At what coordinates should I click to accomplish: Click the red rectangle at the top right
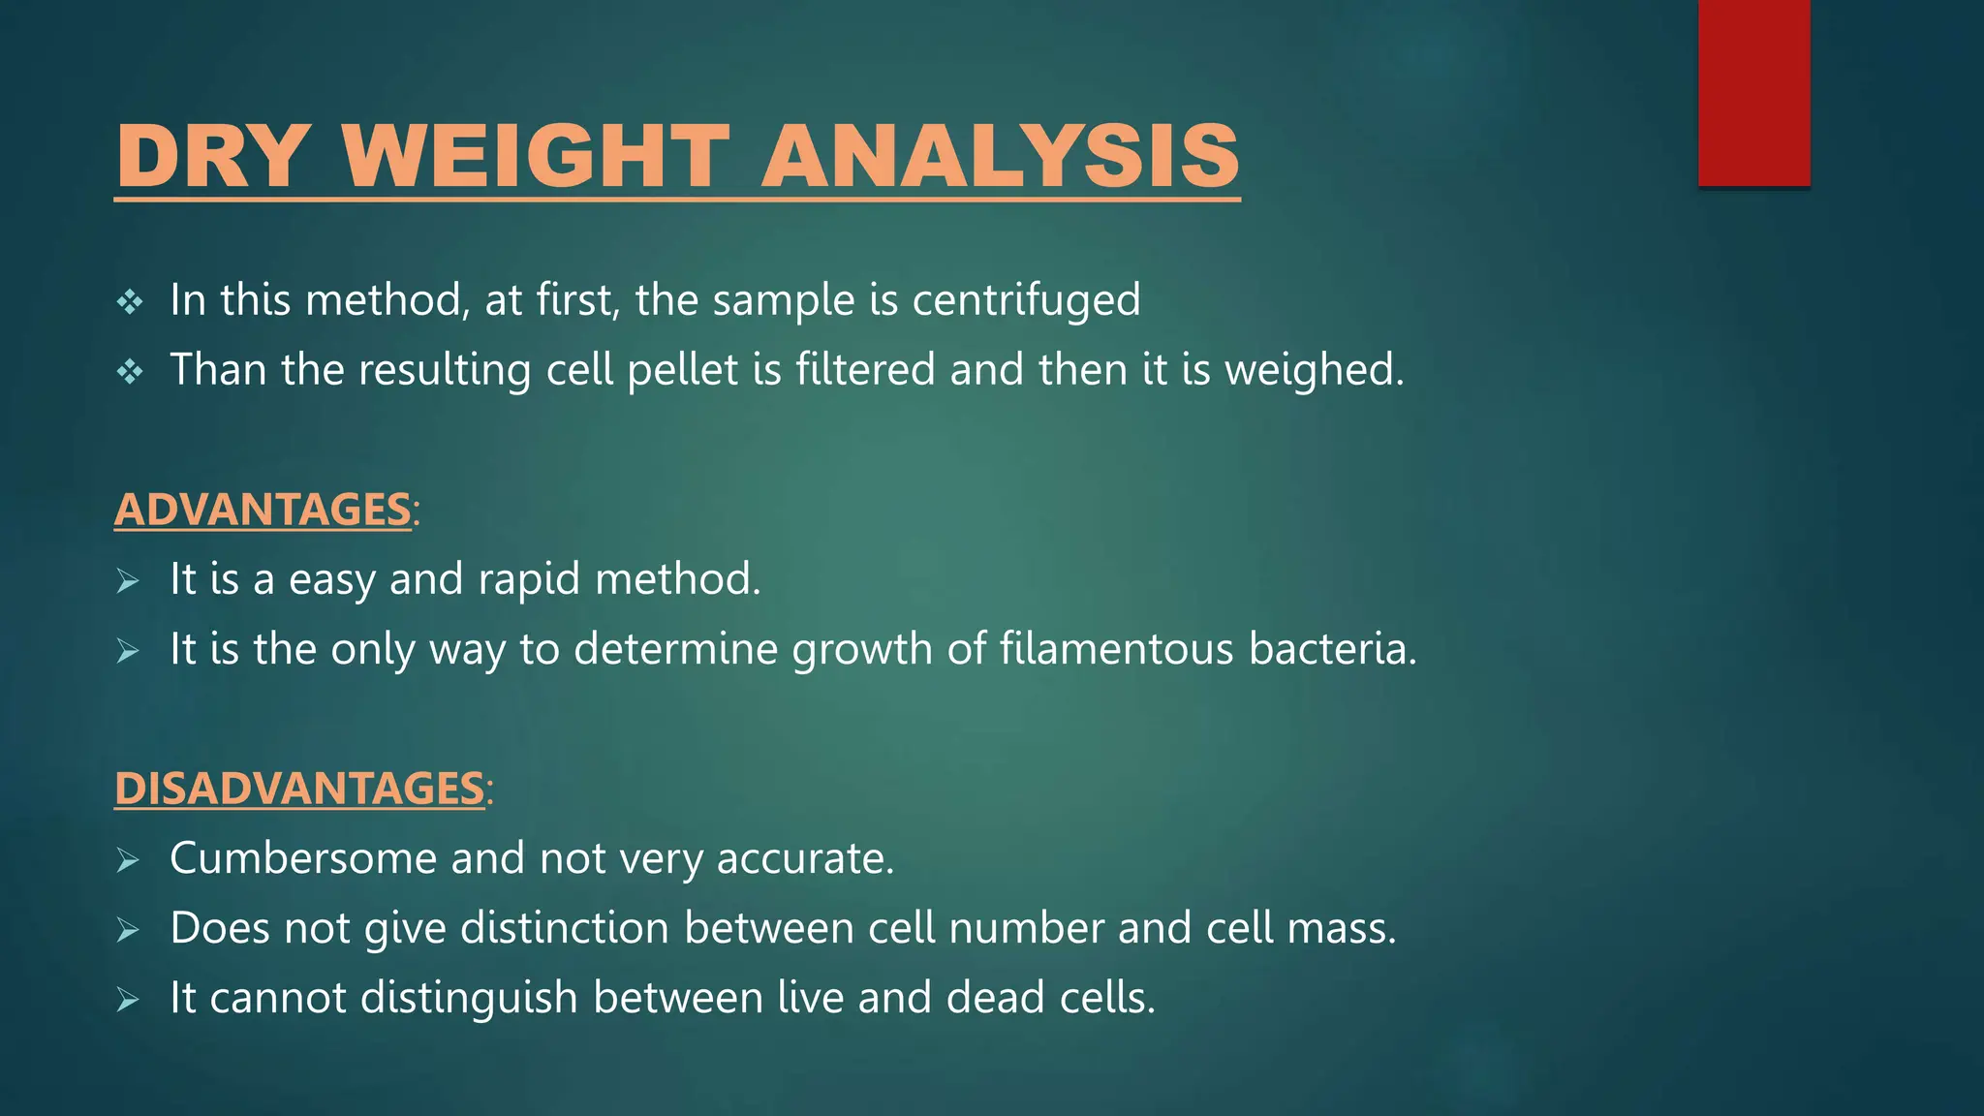1753,93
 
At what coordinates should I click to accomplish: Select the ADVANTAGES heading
263,510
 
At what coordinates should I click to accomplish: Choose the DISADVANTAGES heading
299,789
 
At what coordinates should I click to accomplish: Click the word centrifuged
1026,300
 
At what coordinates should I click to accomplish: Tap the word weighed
1313,370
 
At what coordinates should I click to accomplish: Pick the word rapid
529,580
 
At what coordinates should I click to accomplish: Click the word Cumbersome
303,858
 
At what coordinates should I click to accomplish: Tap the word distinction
565,928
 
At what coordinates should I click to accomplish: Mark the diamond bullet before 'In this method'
130,302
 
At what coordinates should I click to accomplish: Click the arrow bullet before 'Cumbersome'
128,860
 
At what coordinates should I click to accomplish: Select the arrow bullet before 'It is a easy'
128,581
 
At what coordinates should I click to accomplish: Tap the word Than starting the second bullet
218,370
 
